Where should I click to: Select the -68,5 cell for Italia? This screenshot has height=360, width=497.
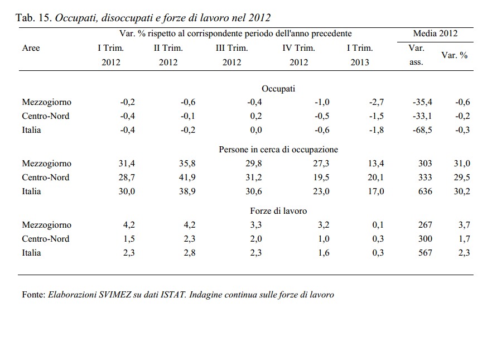point(422,130)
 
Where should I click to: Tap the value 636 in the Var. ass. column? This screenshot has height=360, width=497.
point(424,191)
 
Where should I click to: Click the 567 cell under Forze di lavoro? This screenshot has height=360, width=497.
point(424,253)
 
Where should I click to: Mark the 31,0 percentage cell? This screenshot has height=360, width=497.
point(462,164)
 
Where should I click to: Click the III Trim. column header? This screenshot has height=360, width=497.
point(231,48)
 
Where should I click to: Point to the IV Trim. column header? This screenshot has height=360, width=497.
point(298,48)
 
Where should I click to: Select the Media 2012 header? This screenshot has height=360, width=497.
point(435,33)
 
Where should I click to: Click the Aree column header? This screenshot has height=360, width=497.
point(31,48)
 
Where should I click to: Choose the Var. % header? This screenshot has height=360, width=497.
point(454,55)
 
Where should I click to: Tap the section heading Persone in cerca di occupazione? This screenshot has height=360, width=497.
point(278,150)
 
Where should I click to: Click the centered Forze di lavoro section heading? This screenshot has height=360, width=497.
point(278,211)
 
